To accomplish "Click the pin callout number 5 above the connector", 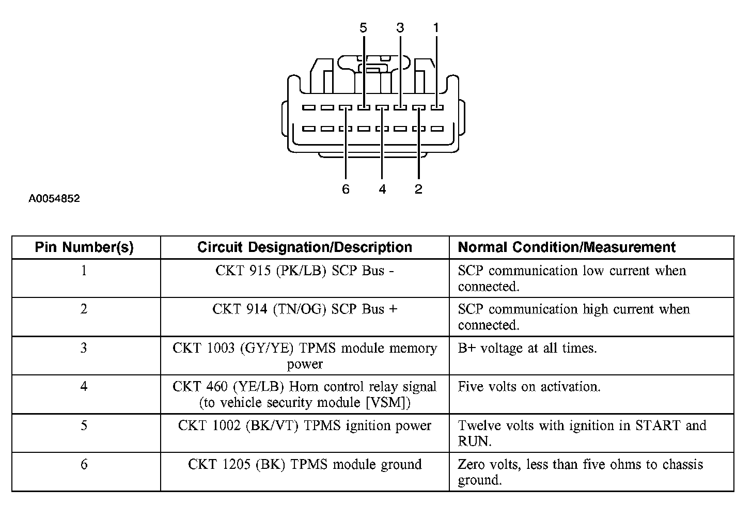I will (364, 28).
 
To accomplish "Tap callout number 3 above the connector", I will (400, 28).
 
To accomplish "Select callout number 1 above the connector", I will (436, 28).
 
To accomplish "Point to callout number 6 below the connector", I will (346, 190).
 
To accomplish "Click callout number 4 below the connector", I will (382, 190).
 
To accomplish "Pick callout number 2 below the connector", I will (418, 190).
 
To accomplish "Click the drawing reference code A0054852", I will (54, 199).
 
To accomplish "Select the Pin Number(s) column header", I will (84, 247).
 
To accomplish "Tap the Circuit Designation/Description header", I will (305, 247).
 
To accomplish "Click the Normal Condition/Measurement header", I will (567, 247).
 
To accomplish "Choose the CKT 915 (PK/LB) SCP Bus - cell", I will (305, 271).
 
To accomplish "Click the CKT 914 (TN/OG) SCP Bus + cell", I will (305, 309).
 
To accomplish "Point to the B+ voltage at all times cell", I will (527, 349).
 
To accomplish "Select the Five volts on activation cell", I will (529, 387).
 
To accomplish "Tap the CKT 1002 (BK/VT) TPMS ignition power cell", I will (305, 425).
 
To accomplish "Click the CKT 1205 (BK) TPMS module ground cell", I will (305, 464).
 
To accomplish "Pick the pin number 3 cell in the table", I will (84, 349).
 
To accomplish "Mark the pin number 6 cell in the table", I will (84, 464).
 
